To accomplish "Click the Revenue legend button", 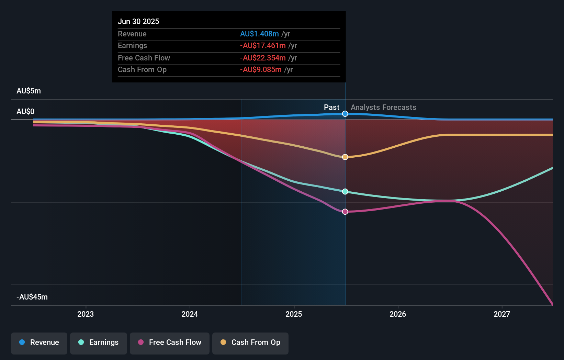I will tap(39, 342).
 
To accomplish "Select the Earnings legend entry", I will tap(99, 342).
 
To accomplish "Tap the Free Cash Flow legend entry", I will tap(170, 342).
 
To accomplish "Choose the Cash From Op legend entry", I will tap(250, 342).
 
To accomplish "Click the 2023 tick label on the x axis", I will tap(86, 314).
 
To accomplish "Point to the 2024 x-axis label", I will tap(190, 314).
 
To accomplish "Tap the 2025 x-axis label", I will tap(294, 314).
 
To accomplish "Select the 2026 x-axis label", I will tap(398, 314).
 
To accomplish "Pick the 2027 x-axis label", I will tap(502, 314).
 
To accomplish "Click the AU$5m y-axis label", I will tap(29, 91).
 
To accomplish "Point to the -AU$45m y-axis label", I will tap(32, 297).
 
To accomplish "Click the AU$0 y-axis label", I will tap(25, 112).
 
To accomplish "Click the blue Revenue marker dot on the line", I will tap(345, 114).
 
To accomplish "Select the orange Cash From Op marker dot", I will tap(345, 157).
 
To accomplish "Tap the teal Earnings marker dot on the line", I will tap(345, 192).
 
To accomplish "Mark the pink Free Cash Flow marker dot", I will tap(345, 212).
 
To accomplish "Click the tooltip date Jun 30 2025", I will tap(138, 21).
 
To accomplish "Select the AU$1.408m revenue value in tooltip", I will tap(259, 34).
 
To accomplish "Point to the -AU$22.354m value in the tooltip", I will tap(263, 58).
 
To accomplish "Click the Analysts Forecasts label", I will tap(383, 108).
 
